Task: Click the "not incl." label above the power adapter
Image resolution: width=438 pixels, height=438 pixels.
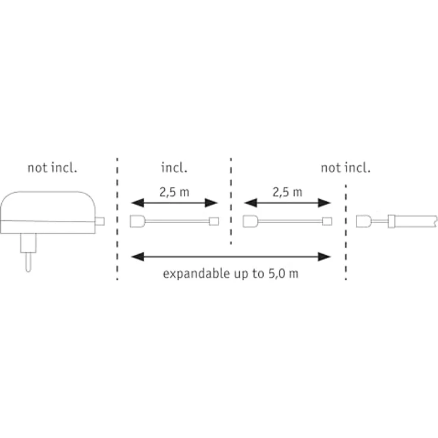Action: click(52, 168)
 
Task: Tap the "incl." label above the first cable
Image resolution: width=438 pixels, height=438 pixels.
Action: click(174, 168)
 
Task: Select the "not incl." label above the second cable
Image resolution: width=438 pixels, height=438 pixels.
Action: click(346, 168)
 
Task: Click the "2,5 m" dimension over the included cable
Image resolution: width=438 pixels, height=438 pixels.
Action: click(174, 192)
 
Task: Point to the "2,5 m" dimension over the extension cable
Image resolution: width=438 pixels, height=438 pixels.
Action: click(287, 192)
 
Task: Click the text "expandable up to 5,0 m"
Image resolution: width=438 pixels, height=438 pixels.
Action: click(230, 274)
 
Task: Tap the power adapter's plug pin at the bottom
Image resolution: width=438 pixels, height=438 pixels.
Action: click(28, 262)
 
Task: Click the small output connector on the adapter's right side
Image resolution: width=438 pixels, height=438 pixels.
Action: click(100, 221)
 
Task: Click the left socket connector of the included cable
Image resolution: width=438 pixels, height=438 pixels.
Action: click(137, 221)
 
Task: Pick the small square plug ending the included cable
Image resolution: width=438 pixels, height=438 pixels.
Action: click(214, 221)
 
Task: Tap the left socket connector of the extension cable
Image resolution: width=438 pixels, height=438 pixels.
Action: click(251, 221)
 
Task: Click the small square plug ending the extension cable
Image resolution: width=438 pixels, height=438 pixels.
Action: click(327, 221)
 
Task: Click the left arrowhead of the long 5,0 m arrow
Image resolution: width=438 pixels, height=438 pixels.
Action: click(137, 256)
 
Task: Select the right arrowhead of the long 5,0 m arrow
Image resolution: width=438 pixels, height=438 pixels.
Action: click(324, 256)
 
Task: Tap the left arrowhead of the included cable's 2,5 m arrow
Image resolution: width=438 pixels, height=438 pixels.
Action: click(137, 203)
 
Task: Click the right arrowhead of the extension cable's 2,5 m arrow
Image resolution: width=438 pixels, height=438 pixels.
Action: click(324, 203)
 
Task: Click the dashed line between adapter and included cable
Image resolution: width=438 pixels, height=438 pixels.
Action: click(117, 219)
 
